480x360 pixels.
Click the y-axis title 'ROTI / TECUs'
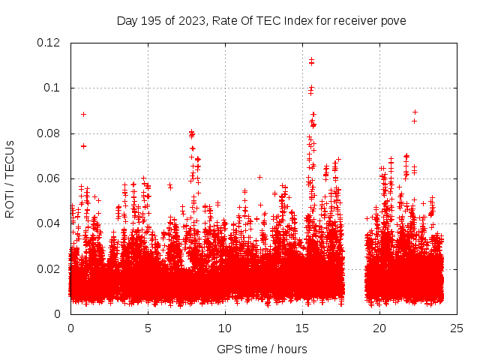(10, 178)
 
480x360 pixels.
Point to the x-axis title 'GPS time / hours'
(262, 349)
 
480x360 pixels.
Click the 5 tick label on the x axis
(148, 328)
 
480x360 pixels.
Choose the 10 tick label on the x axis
(225, 328)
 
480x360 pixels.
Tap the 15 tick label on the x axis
(302, 328)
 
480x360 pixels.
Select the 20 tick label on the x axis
(379, 328)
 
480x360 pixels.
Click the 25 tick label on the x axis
(457, 328)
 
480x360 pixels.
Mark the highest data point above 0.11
(311, 59)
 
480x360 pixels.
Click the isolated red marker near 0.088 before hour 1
(83, 114)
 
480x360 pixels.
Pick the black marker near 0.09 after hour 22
(415, 112)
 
